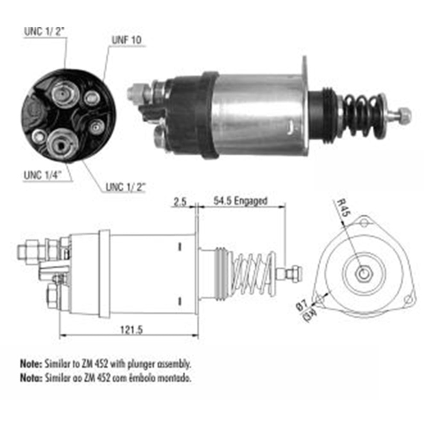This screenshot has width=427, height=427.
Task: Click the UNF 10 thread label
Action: pyautogui.click(x=126, y=41)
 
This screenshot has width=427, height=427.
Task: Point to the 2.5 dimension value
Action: pyautogui.click(x=179, y=201)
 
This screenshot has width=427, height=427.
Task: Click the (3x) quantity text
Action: pyautogui.click(x=309, y=316)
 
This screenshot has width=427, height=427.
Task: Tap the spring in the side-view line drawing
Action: pyautogui.click(x=252, y=273)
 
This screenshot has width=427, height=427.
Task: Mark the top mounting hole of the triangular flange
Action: pyautogui.click(x=363, y=222)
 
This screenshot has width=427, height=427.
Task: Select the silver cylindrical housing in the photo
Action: pyautogui.click(x=258, y=114)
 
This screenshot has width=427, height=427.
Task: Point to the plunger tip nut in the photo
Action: pyautogui.click(x=404, y=114)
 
